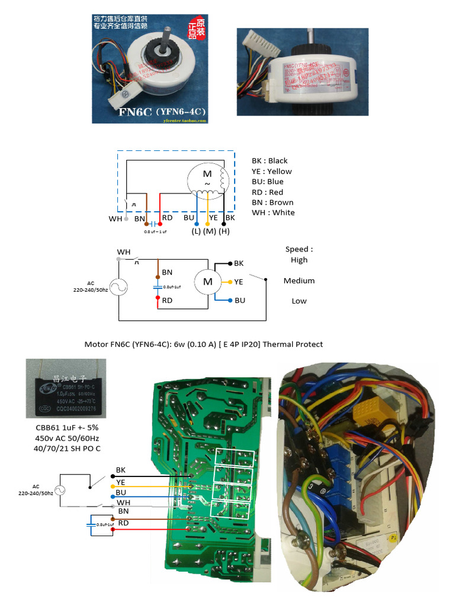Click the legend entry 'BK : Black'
tap(270, 161)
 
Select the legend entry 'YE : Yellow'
tap(271, 172)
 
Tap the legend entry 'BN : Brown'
tap(272, 202)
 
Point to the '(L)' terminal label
tap(196, 231)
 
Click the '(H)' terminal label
tap(224, 231)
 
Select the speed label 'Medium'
tap(299, 281)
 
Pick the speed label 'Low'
tap(299, 301)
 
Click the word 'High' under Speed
tap(299, 260)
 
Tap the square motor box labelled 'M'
tap(207, 282)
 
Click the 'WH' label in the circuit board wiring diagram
tap(123, 502)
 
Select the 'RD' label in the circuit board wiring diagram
tap(123, 523)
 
